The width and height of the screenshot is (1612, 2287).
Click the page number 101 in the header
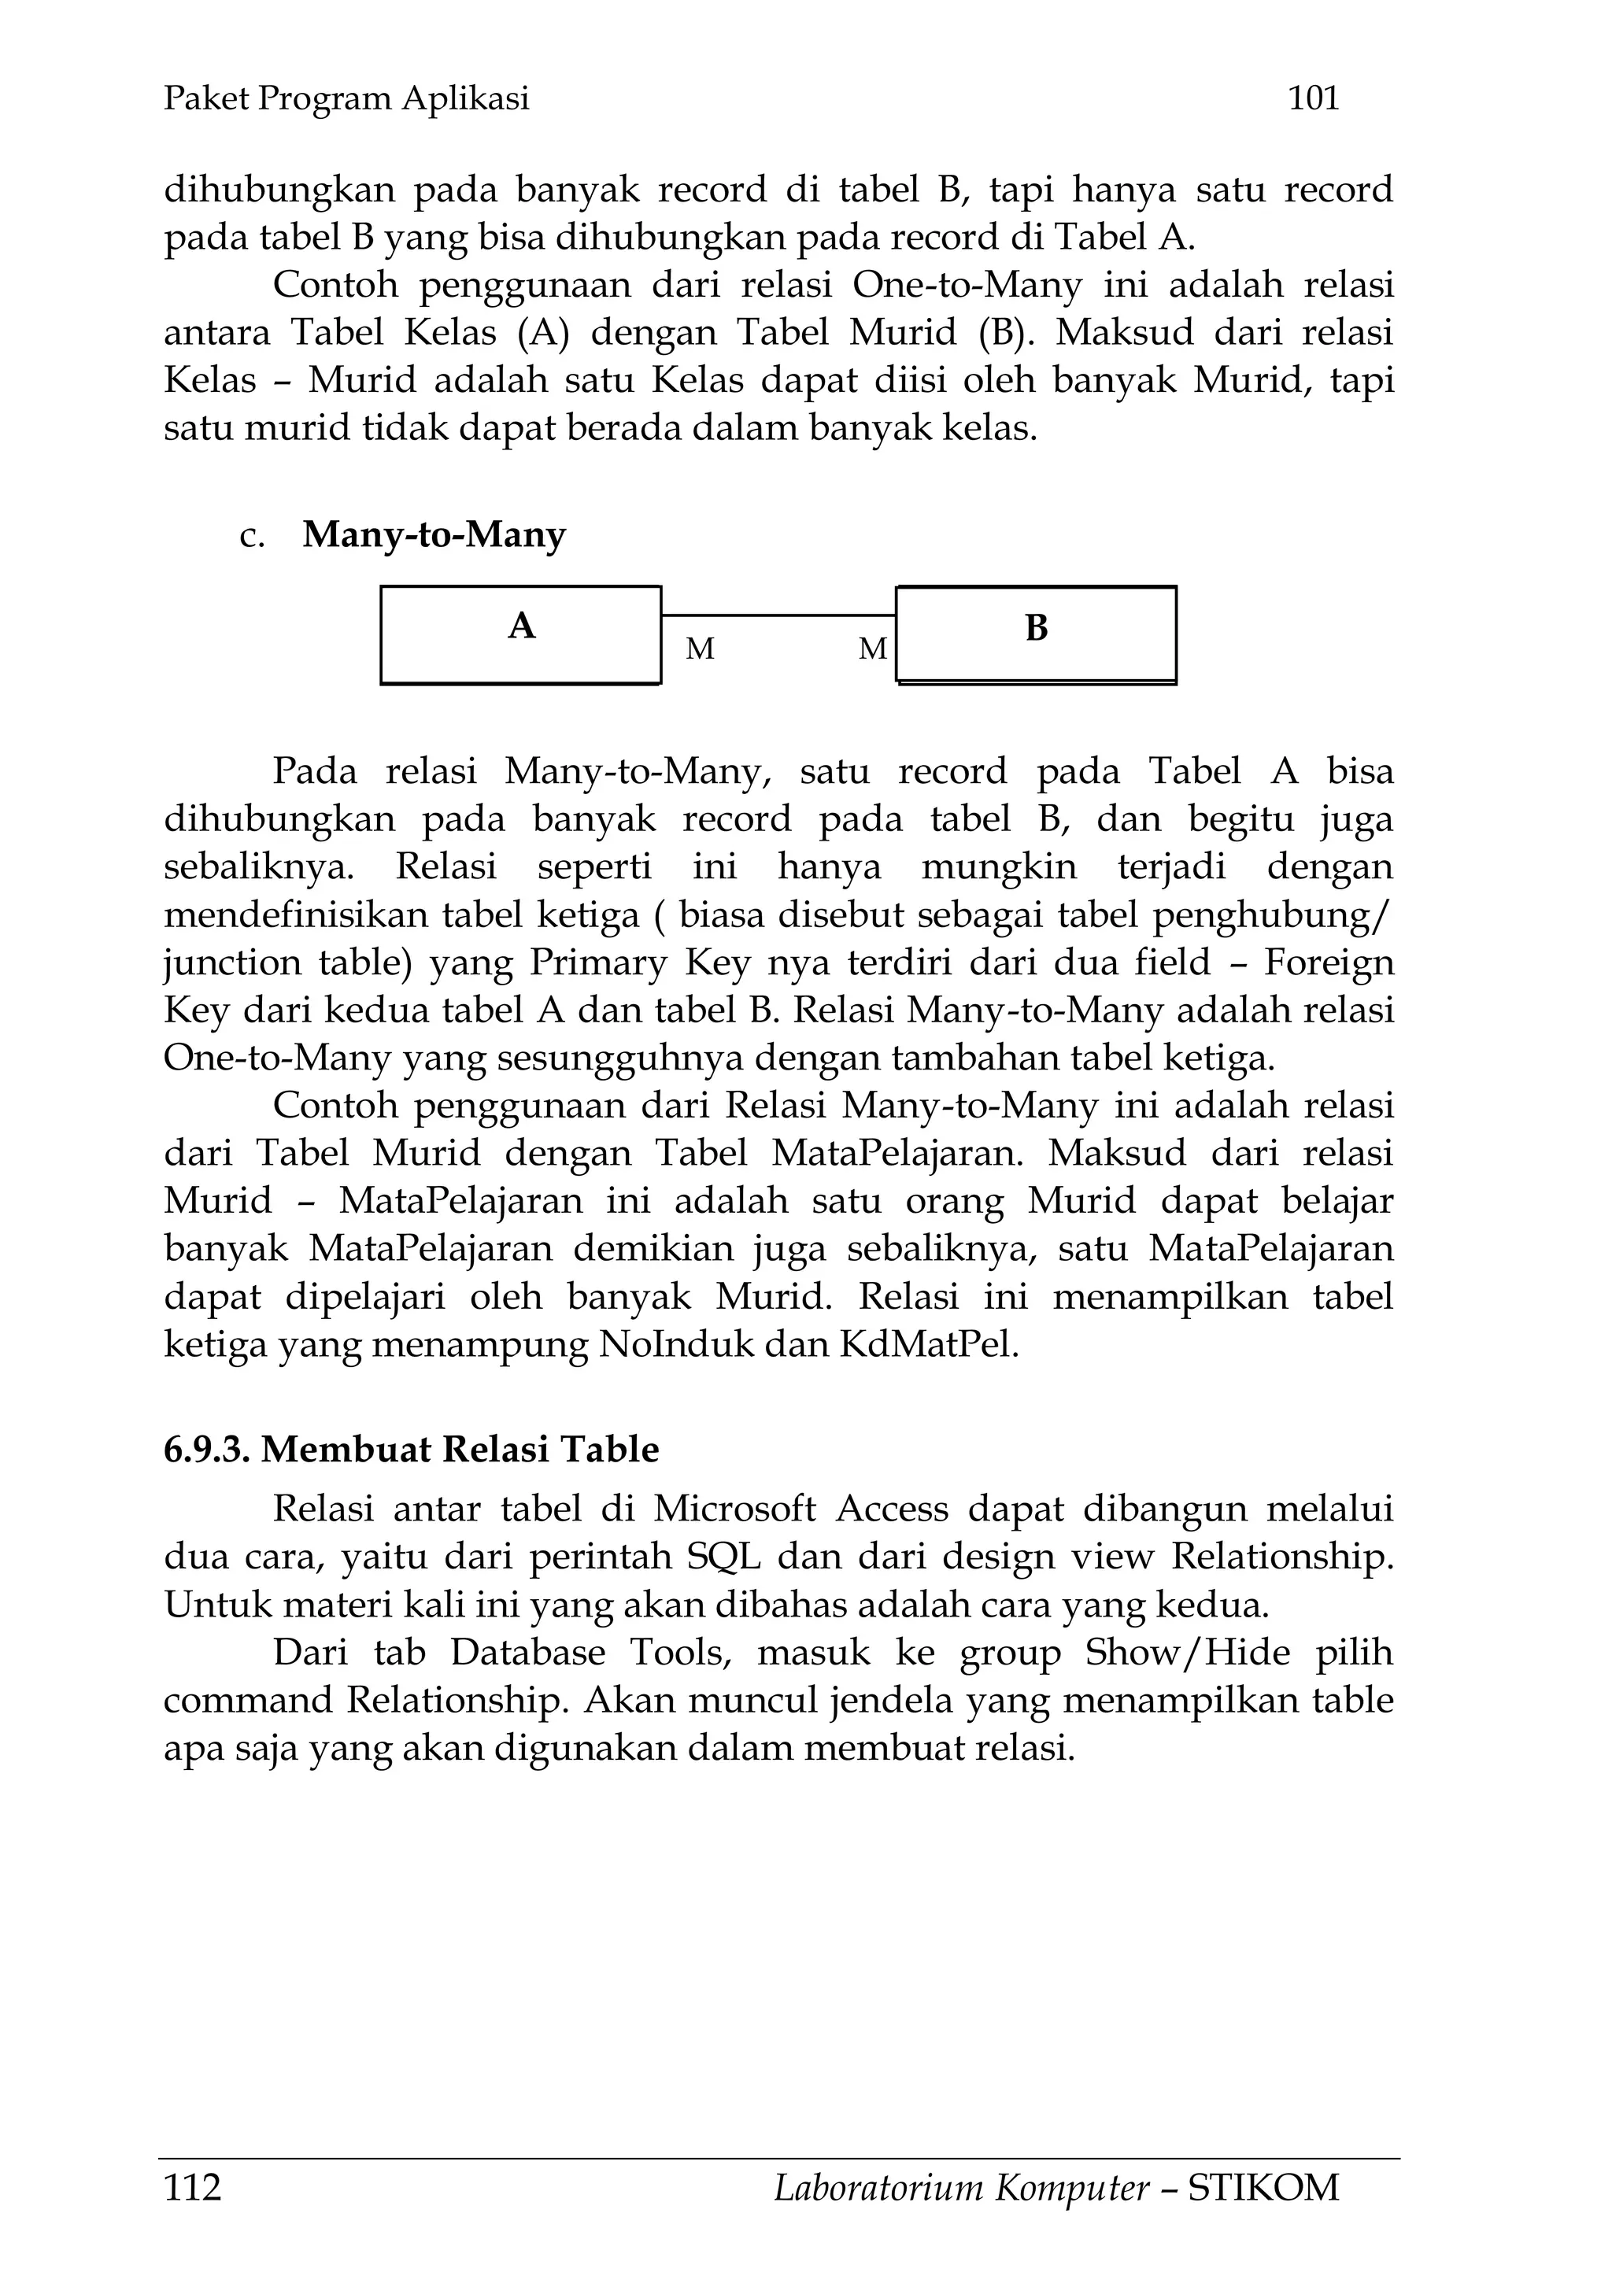1313,98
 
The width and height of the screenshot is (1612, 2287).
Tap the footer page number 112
192,2187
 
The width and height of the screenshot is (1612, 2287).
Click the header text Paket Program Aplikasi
346,98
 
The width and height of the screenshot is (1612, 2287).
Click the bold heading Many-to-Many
434,535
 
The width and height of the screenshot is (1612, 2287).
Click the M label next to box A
700,649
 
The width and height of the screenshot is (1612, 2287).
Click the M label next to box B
872,649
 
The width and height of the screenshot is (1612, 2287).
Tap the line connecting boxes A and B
778,615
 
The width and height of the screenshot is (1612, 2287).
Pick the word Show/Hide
1187,1653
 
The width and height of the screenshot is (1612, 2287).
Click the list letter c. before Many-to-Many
252,537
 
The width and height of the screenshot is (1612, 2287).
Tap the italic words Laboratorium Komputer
960,2187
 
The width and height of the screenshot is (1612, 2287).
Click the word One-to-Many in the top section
967,285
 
